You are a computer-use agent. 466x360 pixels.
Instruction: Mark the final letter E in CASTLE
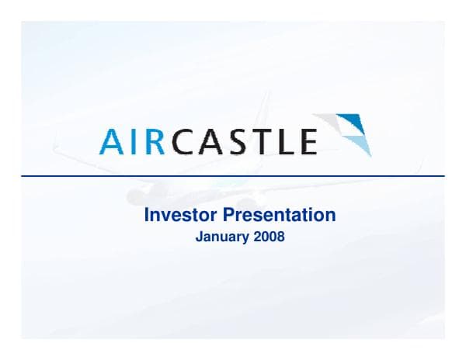(x=307, y=141)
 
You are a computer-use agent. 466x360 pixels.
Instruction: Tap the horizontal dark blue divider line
(x=233, y=176)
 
